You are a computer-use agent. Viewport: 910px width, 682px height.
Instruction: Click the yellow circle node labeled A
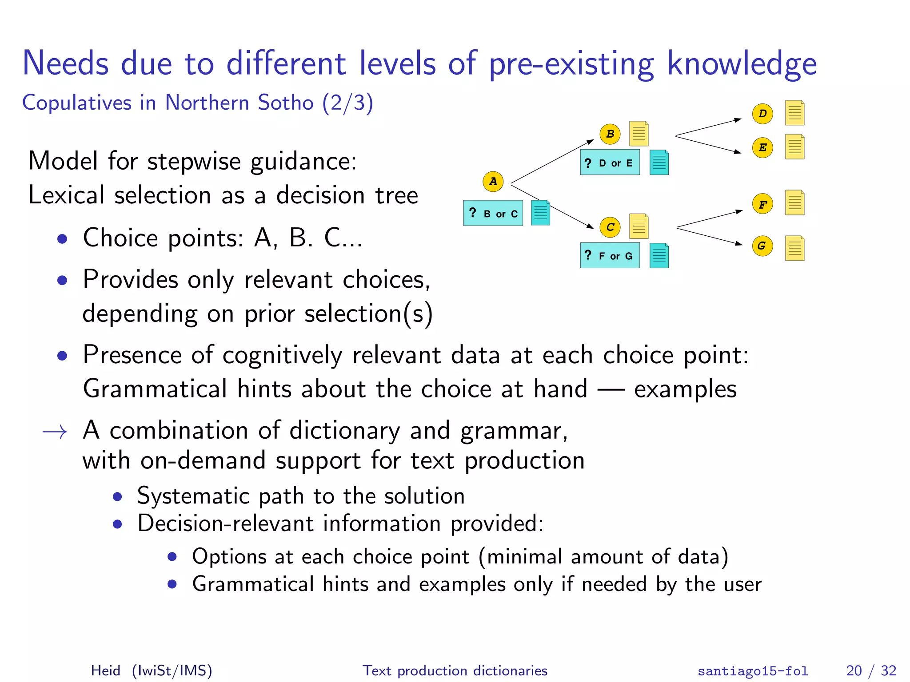click(x=493, y=182)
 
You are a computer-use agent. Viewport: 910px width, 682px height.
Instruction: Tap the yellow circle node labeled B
click(x=610, y=134)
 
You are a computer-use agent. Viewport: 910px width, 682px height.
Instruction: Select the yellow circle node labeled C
click(x=610, y=227)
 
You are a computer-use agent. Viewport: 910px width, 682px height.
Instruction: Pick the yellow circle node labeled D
click(x=762, y=114)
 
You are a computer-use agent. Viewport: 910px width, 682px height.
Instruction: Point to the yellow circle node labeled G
click(x=762, y=246)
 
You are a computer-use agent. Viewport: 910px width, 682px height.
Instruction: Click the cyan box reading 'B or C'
click(x=493, y=214)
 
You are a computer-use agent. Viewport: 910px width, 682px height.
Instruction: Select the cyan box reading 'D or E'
click(x=610, y=163)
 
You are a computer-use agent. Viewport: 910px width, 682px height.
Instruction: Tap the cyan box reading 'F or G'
click(x=610, y=256)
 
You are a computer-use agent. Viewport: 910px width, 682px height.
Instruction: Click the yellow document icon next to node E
click(x=795, y=147)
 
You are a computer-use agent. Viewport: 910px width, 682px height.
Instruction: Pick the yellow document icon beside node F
click(x=795, y=203)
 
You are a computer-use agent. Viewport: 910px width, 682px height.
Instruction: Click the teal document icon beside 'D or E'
click(x=659, y=163)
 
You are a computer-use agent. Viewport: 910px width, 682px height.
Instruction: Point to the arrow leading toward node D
click(x=708, y=127)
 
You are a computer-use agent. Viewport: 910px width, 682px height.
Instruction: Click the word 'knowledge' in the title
click(x=742, y=63)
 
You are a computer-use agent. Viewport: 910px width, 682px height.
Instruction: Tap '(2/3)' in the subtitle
click(x=347, y=103)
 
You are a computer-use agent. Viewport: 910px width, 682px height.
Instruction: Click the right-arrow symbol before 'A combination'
click(x=54, y=432)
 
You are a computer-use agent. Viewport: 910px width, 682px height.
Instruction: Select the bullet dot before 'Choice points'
click(x=62, y=239)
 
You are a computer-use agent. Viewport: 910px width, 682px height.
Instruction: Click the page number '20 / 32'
click(x=870, y=670)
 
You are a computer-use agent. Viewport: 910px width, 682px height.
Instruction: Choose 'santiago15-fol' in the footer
click(x=752, y=671)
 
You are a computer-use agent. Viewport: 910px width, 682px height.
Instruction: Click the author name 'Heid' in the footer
click(x=106, y=670)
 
